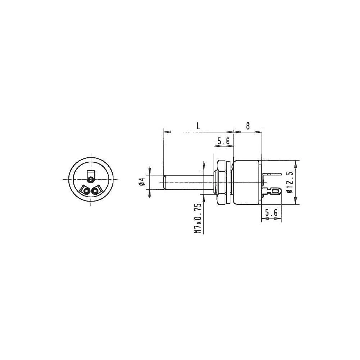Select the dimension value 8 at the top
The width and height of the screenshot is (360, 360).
(248, 126)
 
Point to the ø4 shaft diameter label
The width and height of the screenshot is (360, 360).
(141, 183)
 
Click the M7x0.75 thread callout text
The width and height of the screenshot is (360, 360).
(197, 219)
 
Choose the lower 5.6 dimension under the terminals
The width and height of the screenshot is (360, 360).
(271, 213)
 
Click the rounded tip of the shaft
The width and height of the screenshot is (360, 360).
(165, 182)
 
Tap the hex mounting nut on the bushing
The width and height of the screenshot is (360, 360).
(219, 182)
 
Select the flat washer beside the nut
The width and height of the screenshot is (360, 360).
(228, 182)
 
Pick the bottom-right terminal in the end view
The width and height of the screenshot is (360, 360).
(96, 190)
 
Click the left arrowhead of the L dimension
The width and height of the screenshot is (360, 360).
(167, 132)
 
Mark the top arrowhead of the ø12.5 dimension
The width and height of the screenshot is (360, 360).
(296, 163)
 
